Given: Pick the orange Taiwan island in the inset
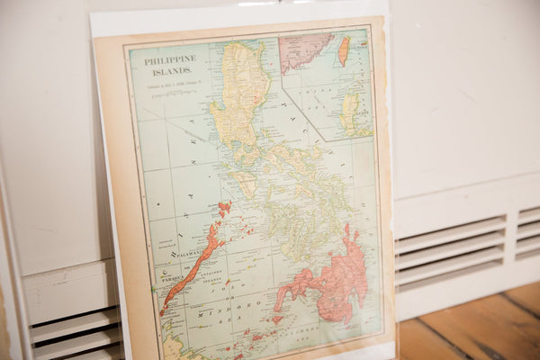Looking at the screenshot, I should coord(343,50).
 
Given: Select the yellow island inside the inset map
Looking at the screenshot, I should coord(350,112).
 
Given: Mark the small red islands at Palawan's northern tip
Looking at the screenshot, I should coord(223,209).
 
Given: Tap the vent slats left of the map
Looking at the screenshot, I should coord(72,333).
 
